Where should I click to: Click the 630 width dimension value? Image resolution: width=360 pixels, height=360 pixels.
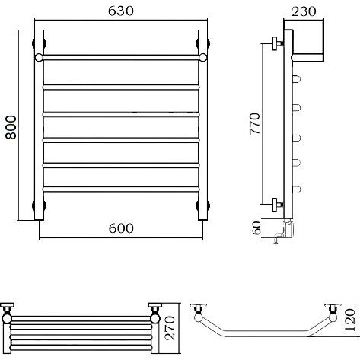coord(121,11)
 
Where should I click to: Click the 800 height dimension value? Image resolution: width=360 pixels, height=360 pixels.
coord(11,127)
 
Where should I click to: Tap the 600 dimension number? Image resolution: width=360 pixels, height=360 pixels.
coord(121,228)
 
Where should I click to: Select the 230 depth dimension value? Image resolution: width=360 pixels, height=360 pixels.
coord(304,11)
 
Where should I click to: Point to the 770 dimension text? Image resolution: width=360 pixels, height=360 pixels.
coord(255,123)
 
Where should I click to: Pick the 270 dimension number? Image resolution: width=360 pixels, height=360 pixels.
coord(170,328)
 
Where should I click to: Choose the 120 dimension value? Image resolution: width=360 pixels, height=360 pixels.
coord(350,320)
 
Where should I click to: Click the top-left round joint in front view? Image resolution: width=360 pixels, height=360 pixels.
coord(39,58)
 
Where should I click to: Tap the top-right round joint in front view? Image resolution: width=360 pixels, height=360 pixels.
coord(203,58)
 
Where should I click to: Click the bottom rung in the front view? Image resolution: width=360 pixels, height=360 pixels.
coord(121,189)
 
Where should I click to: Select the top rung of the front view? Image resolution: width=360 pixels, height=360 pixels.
coord(121,57)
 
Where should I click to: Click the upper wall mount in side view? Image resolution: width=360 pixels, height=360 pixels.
coord(277,43)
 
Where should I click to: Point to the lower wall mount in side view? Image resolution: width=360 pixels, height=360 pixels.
coord(277,205)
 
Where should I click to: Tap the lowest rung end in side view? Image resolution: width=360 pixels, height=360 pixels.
coord(297,190)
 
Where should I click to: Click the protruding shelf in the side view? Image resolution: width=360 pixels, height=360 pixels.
coord(307,58)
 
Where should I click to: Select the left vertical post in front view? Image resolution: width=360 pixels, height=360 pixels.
coord(39,125)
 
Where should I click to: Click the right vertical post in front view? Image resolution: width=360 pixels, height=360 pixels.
coord(203,125)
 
